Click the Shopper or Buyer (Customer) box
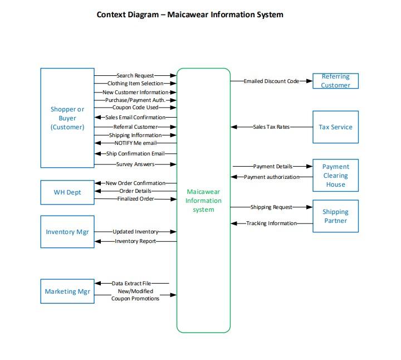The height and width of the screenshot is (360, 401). coord(67,118)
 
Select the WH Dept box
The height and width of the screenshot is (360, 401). coord(67,192)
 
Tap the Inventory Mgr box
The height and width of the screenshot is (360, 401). coord(67,232)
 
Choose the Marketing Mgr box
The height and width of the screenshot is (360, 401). coord(67,291)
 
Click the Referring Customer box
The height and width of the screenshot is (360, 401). coord(335,81)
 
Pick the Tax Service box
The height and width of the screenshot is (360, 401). coord(335,127)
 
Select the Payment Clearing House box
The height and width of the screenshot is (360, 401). coord(335,175)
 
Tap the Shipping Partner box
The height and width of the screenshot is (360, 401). coord(335,216)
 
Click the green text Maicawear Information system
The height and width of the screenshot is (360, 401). coord(203,201)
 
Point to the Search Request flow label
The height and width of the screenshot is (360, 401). coord(135,75)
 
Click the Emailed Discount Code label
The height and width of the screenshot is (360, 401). coord(271,81)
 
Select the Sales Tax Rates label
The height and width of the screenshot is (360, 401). coord(271,127)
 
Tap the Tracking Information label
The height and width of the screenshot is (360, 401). coord(271,223)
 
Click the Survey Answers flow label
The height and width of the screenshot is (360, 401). coord(135,164)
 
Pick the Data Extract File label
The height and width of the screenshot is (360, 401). coord(132,284)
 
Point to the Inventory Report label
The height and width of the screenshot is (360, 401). coord(135,241)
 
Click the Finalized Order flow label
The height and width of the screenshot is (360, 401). coord(135,199)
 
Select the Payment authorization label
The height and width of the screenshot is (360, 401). coord(271,177)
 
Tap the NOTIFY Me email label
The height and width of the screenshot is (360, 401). coord(135,143)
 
